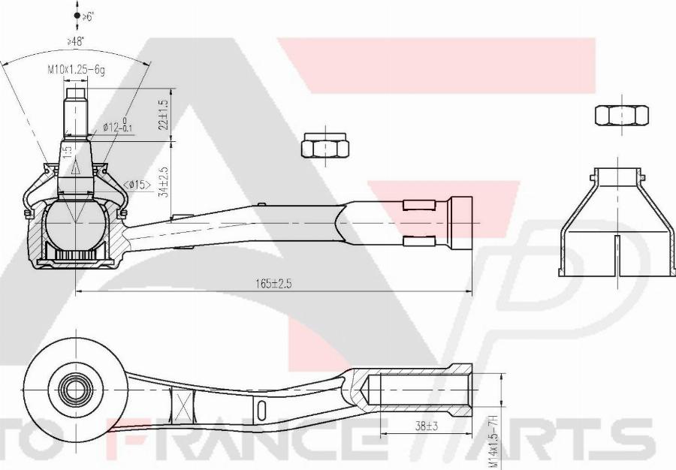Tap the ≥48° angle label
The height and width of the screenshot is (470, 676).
75,43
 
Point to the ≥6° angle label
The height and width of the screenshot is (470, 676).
88,16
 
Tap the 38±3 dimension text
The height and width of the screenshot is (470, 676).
426,426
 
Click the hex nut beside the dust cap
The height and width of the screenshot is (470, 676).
621,115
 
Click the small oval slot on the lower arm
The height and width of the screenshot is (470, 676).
261,411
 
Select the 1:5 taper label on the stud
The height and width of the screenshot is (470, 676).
68,152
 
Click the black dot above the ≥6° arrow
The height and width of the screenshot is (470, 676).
77,15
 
